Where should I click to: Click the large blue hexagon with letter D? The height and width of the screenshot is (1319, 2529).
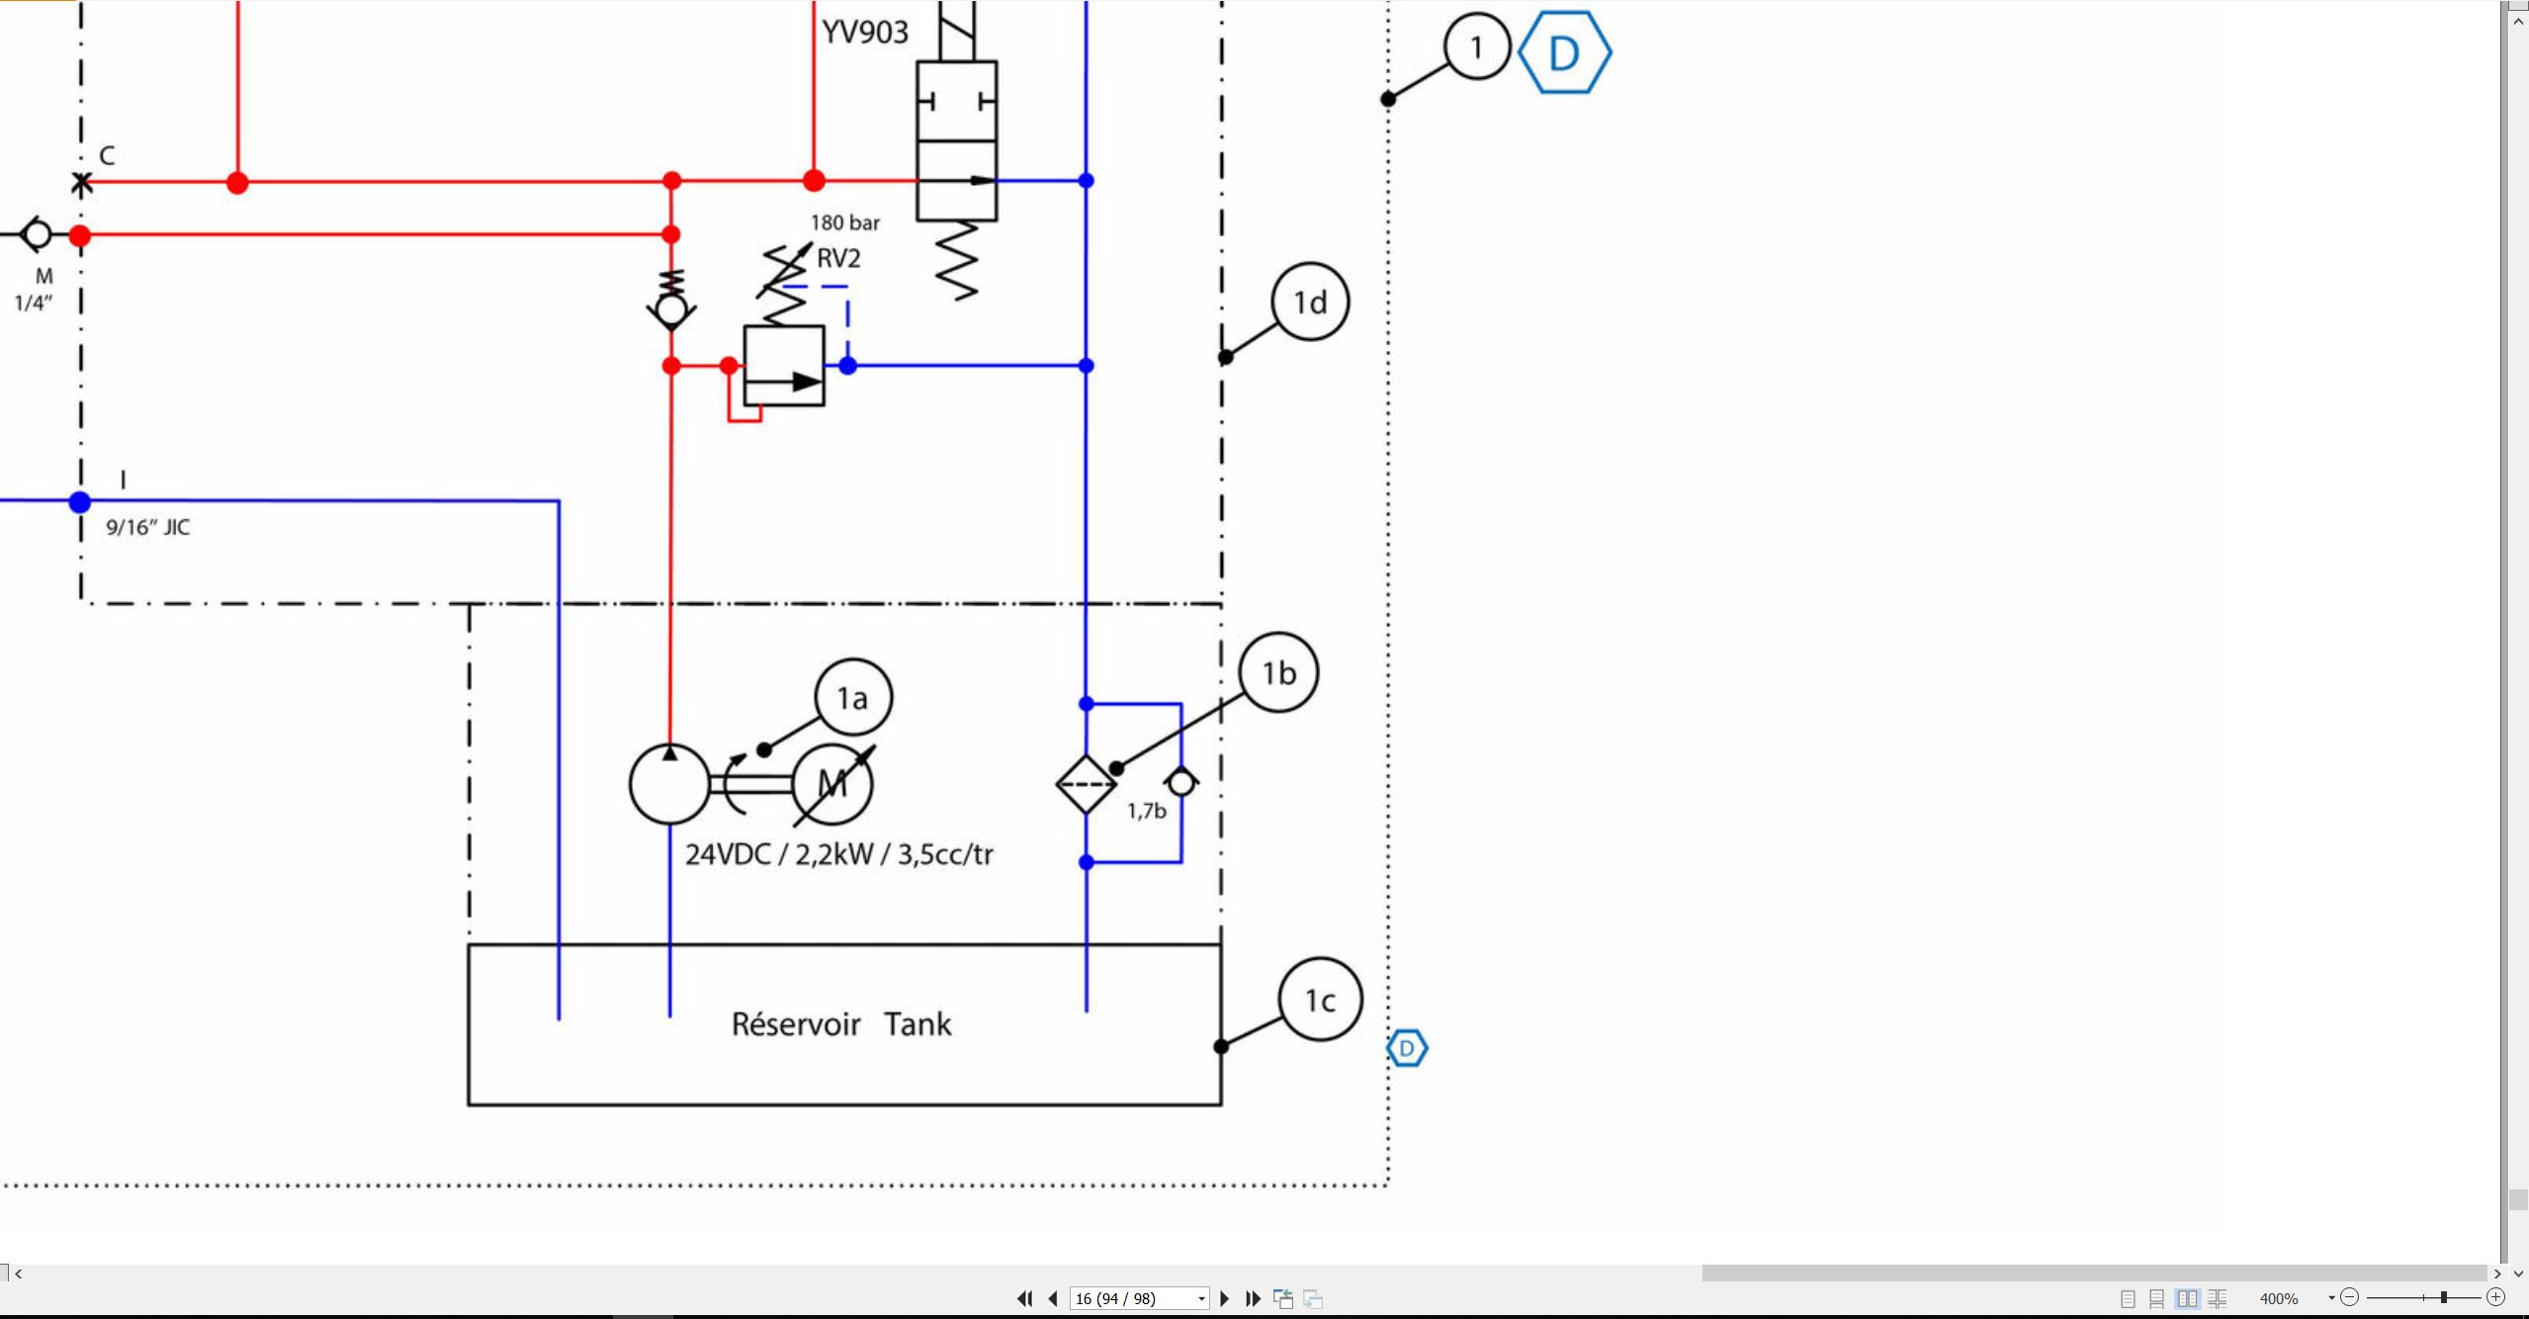coord(1564,52)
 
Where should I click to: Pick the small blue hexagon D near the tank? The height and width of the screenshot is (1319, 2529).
coord(1407,1048)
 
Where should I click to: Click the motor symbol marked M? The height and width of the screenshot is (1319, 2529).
coord(832,784)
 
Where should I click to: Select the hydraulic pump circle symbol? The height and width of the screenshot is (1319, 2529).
coord(669,784)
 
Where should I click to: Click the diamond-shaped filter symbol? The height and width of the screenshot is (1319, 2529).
coord(1086,784)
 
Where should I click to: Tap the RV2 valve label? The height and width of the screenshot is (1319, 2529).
coord(838,258)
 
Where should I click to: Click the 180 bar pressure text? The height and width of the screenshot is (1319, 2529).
coord(845,222)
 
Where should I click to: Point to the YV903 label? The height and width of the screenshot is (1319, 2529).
coord(865,32)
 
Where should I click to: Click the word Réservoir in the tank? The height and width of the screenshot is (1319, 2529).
coord(796,1023)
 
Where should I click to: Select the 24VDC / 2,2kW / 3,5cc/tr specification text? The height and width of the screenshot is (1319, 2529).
coord(839,853)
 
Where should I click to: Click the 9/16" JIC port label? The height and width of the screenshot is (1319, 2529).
coord(148,527)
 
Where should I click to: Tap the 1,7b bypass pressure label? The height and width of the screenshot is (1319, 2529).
coord(1147,811)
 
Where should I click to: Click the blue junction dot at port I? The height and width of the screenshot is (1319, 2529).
coord(80,502)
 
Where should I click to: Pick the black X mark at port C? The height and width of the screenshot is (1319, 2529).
coord(82,182)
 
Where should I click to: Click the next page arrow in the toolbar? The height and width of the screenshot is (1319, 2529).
coord(1225,1298)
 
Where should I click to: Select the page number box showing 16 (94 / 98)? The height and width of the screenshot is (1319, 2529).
coord(1139,1298)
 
